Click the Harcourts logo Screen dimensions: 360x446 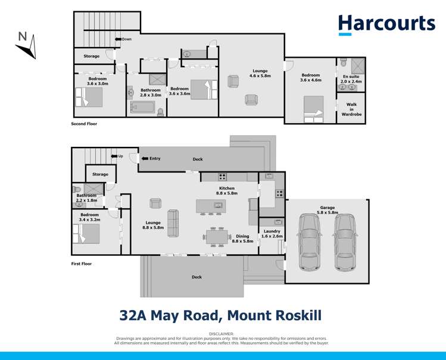coord(386,24)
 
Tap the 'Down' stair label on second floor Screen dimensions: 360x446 coord(127,39)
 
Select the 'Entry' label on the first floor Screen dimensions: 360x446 coord(154,158)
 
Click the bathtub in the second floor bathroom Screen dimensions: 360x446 coord(142,107)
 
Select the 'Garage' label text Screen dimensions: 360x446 coord(327,208)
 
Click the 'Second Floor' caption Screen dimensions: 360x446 coord(84,124)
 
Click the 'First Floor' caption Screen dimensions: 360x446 coord(82,263)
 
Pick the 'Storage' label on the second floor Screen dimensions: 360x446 coord(91,56)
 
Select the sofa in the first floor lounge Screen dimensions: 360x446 coord(173,223)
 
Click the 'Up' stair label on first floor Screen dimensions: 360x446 coord(120,156)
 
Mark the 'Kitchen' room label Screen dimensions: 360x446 coord(227,188)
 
